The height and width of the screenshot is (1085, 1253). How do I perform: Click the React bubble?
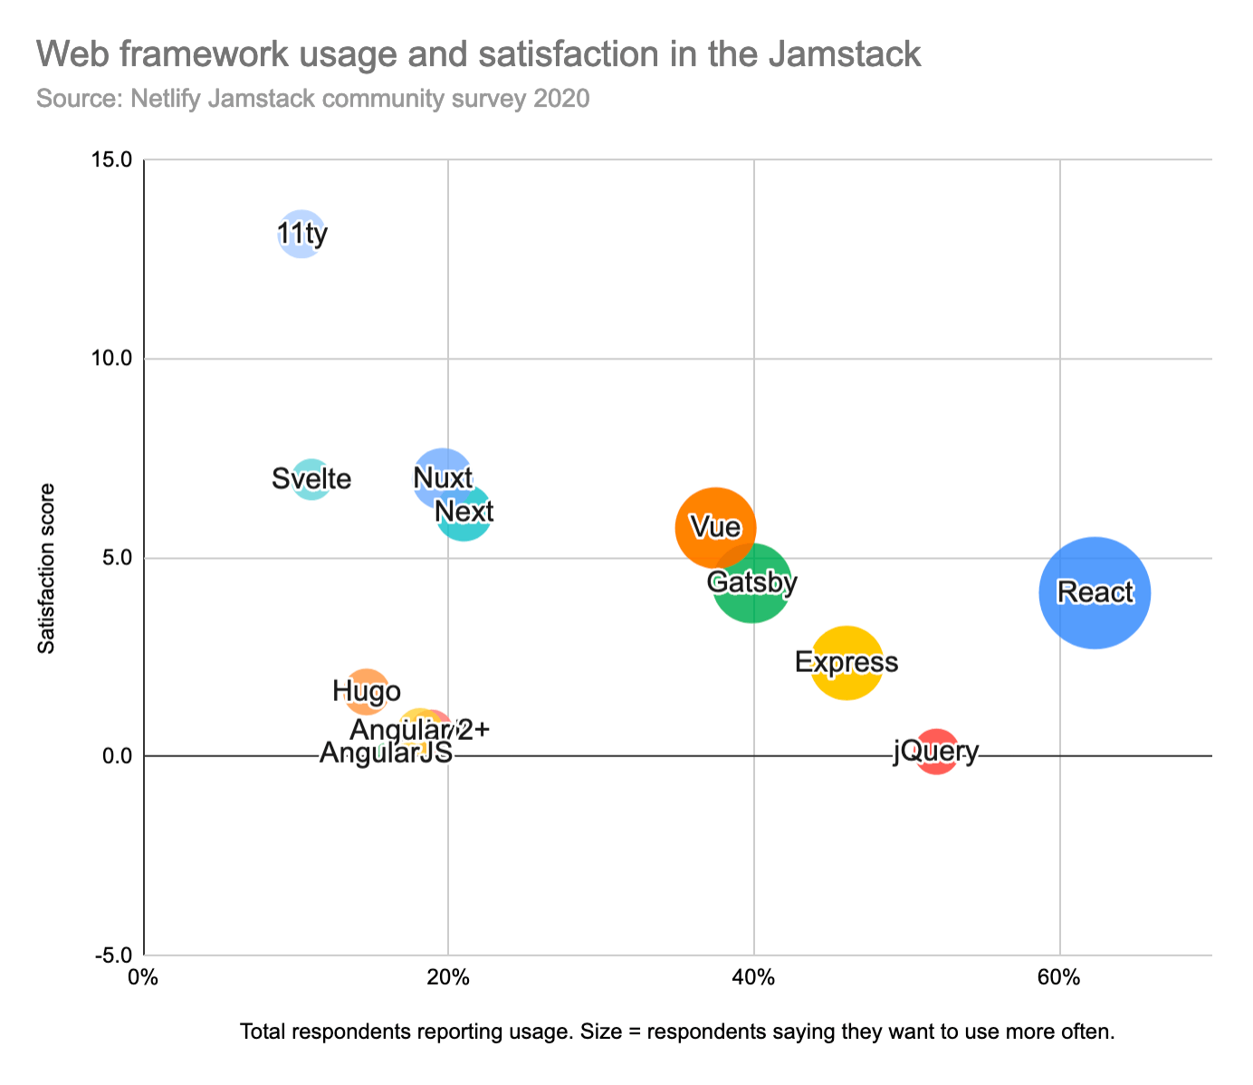pyautogui.click(x=1095, y=592)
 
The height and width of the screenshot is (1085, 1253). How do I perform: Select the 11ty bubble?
pyautogui.click(x=301, y=235)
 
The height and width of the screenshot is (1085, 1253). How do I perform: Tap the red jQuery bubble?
pyautogui.click(x=936, y=752)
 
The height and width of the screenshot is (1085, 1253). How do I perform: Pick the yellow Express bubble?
pyautogui.click(x=846, y=663)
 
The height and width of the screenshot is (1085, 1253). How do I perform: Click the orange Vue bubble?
pyautogui.click(x=714, y=527)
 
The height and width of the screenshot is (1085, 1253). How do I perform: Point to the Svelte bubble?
pyautogui.click(x=311, y=478)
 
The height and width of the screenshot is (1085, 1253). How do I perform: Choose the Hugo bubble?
pyautogui.click(x=367, y=692)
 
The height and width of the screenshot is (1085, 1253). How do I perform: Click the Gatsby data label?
pyautogui.click(x=752, y=582)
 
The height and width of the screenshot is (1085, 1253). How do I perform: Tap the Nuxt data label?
pyautogui.click(x=442, y=477)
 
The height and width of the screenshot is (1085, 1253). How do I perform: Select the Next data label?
pyautogui.click(x=464, y=513)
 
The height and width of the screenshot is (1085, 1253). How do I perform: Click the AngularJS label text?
pyautogui.click(x=386, y=753)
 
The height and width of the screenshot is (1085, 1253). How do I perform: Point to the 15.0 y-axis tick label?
pyautogui.click(x=111, y=159)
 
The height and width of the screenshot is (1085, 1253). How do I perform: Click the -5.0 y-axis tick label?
pyautogui.click(x=111, y=955)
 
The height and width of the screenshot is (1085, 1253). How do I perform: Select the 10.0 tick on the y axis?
pyautogui.click(x=111, y=359)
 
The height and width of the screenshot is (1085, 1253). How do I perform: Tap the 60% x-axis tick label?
pyautogui.click(x=1058, y=979)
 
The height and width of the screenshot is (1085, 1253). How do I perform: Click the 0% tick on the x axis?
pyautogui.click(x=140, y=979)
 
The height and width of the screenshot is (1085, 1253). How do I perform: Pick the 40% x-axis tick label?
pyautogui.click(x=753, y=979)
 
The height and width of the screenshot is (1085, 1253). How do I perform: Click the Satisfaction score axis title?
pyautogui.click(x=46, y=568)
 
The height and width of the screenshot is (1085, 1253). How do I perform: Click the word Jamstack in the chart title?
pyautogui.click(x=844, y=55)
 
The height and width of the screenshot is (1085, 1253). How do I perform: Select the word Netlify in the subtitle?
pyautogui.click(x=166, y=97)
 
